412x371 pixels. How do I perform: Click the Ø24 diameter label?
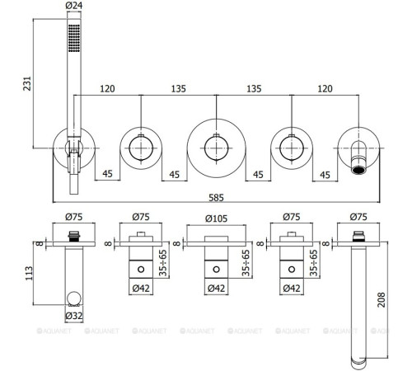74,6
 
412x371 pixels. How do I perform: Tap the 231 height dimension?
27,83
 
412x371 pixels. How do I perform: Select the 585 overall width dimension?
216,197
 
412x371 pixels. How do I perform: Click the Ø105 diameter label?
216,218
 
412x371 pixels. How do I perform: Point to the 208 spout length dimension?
382,300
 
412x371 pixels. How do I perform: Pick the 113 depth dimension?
29,273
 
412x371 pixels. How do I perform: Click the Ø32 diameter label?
74,316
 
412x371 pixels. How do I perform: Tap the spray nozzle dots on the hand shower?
74,38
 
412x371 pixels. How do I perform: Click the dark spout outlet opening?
358,171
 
